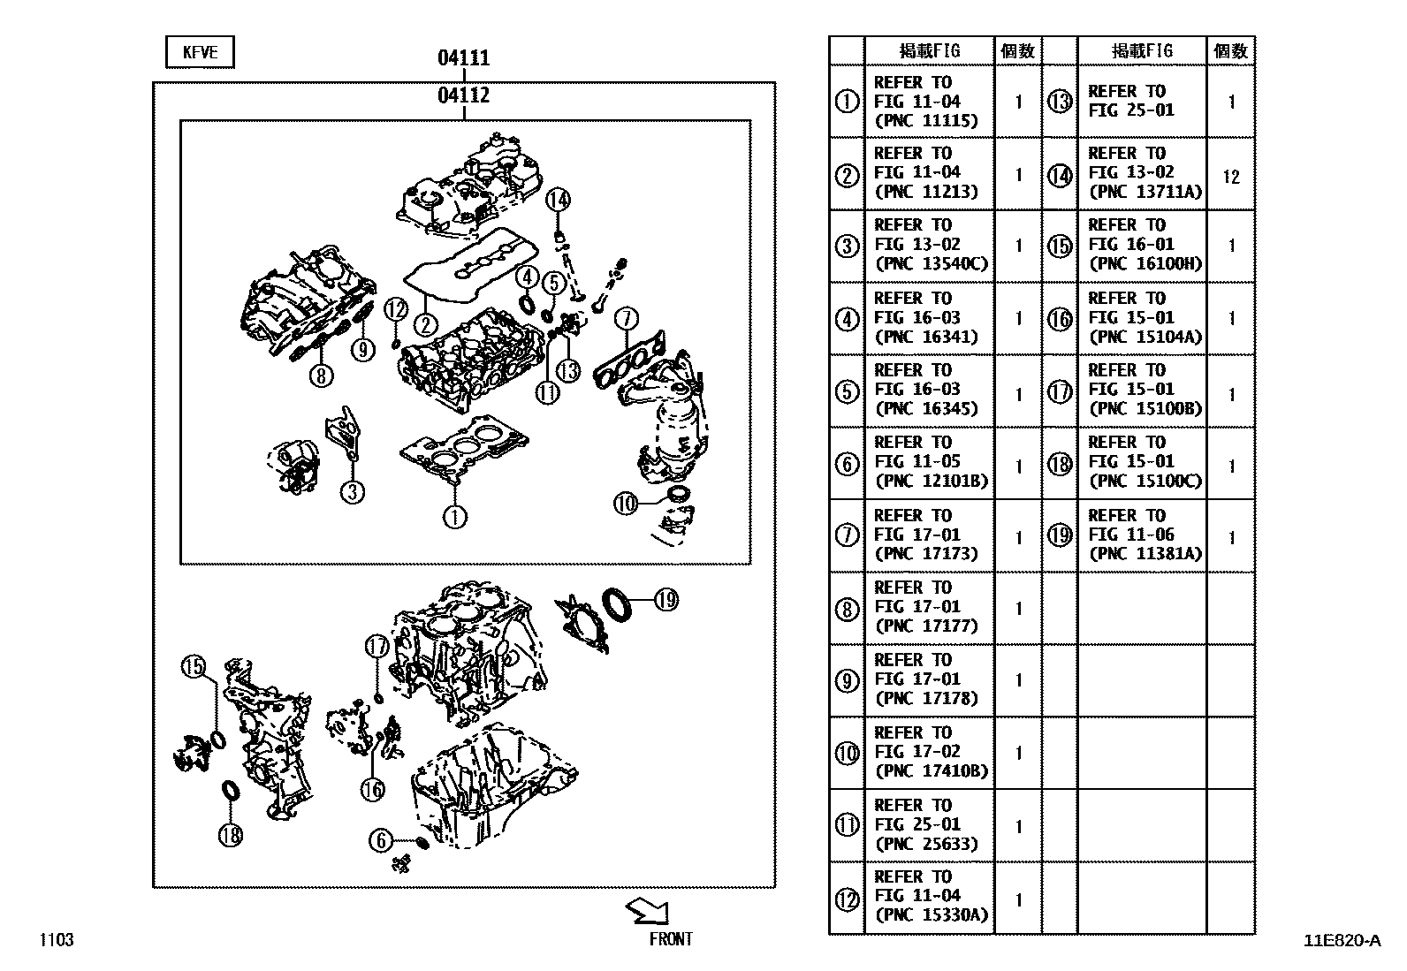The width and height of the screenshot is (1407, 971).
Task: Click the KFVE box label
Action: [200, 52]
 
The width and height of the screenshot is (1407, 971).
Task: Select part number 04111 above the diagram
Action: [463, 58]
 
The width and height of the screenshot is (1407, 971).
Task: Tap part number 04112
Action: [463, 95]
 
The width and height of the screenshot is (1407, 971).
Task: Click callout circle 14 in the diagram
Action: [558, 201]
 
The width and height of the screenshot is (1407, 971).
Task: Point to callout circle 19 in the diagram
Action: [665, 600]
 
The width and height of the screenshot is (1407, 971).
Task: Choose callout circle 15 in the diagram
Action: [193, 668]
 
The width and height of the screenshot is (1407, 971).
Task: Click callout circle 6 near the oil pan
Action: [381, 840]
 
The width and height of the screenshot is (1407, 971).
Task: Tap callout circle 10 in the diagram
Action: [626, 504]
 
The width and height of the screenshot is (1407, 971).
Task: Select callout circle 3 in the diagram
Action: [353, 491]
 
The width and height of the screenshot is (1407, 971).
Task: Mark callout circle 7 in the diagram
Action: [625, 318]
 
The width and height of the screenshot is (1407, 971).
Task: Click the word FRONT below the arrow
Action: [671, 939]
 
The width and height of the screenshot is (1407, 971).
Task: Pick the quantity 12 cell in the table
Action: [1231, 177]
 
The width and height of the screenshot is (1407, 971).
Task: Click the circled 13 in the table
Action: [1060, 102]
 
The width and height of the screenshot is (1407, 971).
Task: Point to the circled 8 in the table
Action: [847, 608]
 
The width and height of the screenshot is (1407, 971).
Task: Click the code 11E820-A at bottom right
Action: [1341, 940]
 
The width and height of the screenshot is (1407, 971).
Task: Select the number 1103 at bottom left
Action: [56, 940]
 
